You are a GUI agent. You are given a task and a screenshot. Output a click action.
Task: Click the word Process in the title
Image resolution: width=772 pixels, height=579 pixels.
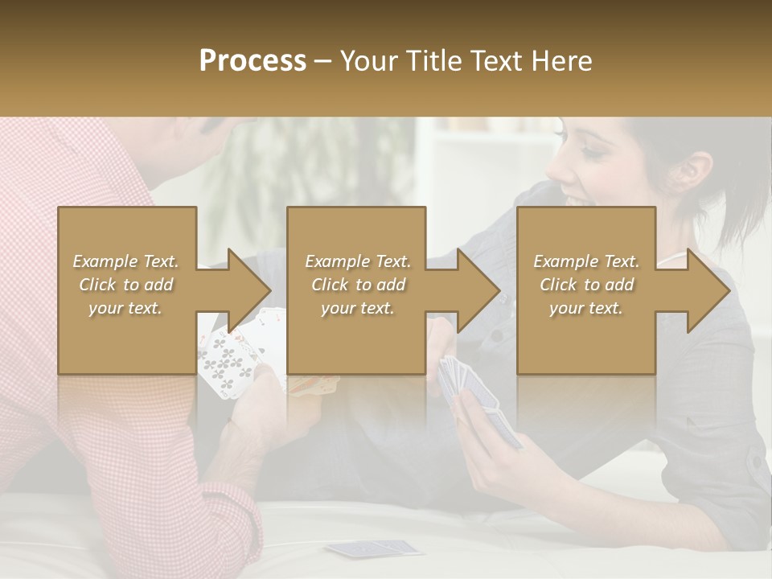253,60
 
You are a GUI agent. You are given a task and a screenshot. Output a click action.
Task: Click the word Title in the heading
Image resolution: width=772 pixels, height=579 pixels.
430,60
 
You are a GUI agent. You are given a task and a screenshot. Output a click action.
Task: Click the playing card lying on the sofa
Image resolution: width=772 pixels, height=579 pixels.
374,548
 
